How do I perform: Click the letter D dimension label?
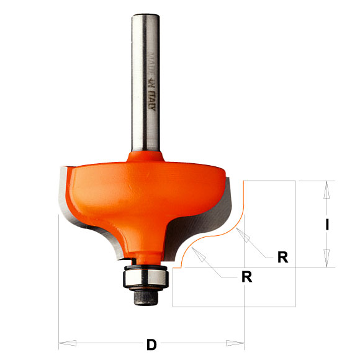tap(151, 344)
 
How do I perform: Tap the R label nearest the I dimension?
tap(282, 257)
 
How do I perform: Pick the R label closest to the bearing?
tap(246, 277)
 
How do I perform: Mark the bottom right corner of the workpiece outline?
tap(294, 307)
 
